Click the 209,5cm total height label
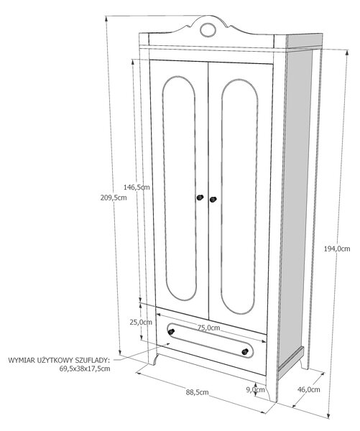point(114,198)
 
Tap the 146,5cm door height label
point(137,187)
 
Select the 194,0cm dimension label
point(337,249)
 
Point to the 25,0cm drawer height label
point(141,322)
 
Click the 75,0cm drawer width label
point(208,328)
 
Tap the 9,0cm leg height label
point(256,389)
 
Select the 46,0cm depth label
point(308,389)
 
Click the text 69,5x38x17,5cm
point(85,369)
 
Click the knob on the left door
point(200,198)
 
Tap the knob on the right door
point(213,199)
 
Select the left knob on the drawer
point(171,331)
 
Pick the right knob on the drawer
point(245,351)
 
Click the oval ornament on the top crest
point(208,30)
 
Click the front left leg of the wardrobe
point(153,359)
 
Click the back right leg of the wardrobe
point(305,362)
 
